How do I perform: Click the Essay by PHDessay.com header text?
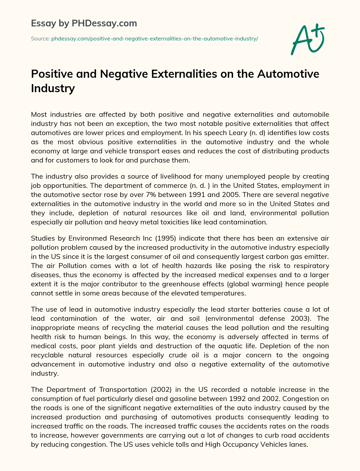click(x=84, y=24)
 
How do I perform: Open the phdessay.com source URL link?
click(x=155, y=39)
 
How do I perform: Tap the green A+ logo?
click(x=308, y=39)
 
